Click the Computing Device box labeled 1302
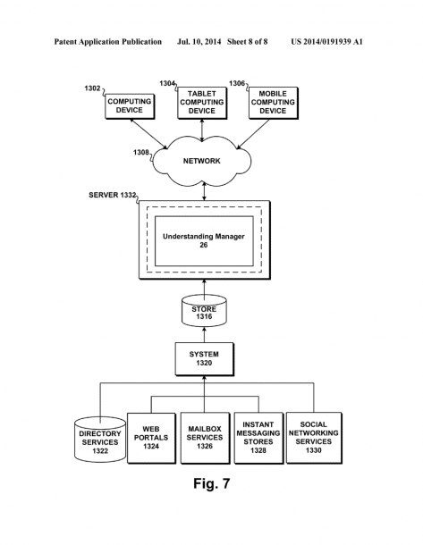130,106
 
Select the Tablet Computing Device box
202,103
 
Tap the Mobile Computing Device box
274,103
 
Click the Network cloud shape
202,160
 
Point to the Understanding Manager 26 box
204,241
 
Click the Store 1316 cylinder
204,311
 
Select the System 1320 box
204,359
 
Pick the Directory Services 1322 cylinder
100,440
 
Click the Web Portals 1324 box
151,438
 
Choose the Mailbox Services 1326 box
205,438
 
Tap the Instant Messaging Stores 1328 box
258,438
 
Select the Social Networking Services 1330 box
314,438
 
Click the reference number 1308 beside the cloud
141,153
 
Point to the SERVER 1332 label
112,195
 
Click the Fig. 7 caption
211,483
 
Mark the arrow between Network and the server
204,192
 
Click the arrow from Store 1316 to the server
204,288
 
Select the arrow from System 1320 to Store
204,334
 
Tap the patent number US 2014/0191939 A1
326,42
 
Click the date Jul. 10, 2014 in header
199,42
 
